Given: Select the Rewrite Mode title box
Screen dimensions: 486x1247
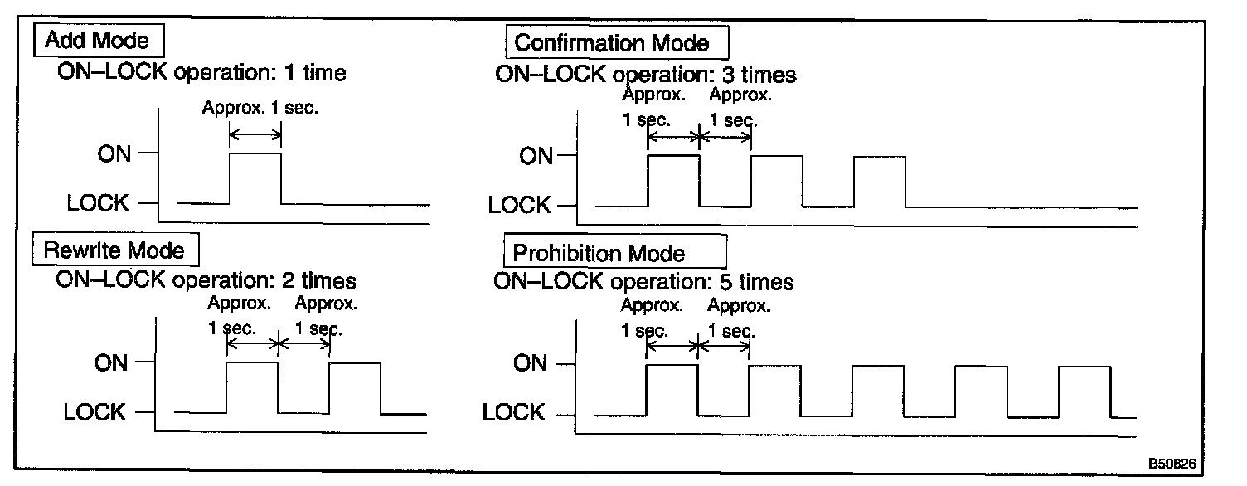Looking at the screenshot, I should [x=114, y=250].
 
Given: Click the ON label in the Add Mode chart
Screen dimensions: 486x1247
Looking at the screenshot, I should [x=114, y=153].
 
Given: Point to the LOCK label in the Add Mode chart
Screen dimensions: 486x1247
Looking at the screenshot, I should [x=98, y=203].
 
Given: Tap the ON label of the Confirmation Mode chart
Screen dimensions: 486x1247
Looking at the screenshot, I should [x=535, y=156].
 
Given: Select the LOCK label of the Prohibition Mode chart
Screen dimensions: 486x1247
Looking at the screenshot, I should [x=513, y=412].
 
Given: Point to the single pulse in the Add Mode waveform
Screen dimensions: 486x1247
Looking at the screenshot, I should [x=255, y=177].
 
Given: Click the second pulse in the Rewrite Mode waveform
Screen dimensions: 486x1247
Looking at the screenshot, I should [x=355, y=387].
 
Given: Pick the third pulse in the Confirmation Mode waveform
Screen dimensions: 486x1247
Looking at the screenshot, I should [x=880, y=181].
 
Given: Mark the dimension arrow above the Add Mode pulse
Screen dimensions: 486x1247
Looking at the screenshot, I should [x=255, y=134].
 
